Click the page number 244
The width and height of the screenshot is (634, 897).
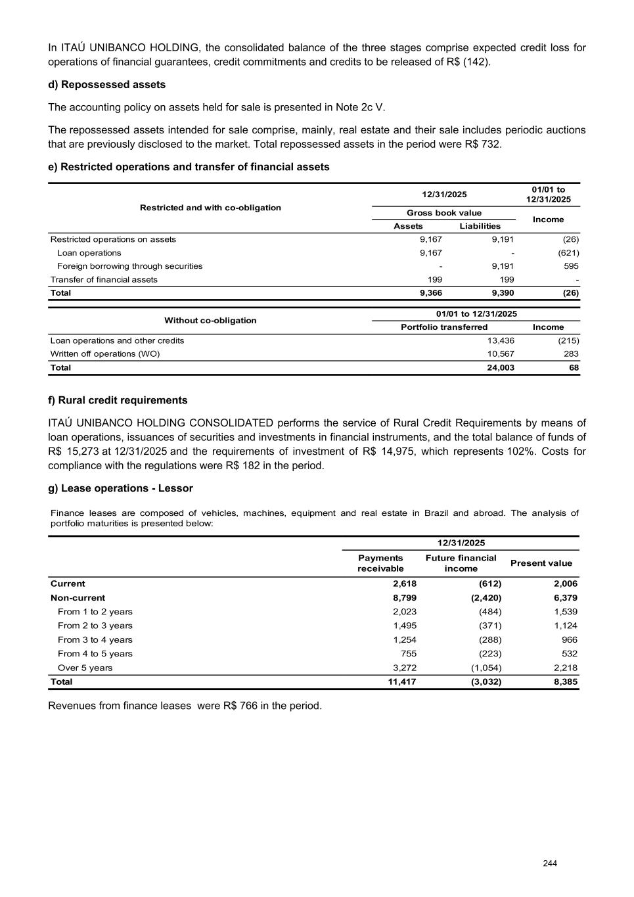(550, 863)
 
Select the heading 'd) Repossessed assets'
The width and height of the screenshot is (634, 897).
(106, 85)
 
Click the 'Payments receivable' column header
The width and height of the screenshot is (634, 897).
(380, 563)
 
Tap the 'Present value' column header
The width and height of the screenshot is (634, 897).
(541, 563)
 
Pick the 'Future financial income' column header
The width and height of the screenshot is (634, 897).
(461, 563)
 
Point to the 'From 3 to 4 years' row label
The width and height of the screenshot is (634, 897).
(95, 640)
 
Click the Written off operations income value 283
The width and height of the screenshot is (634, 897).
(570, 354)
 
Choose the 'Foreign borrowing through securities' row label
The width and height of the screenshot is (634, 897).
(129, 266)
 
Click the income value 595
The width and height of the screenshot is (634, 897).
(571, 266)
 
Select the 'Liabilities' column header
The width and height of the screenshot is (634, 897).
(480, 226)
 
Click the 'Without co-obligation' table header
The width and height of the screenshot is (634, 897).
(210, 321)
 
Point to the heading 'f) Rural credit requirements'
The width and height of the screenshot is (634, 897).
(118, 400)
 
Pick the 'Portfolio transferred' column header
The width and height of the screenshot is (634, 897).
(444, 327)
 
